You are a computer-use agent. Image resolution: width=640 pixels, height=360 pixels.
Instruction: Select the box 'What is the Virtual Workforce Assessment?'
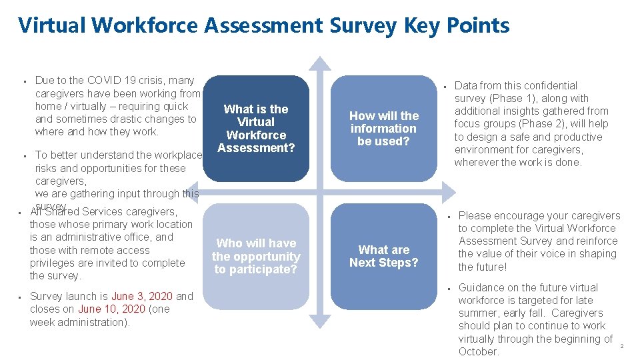coord(256,128)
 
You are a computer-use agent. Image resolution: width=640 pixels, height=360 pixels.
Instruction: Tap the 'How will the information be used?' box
coord(384,128)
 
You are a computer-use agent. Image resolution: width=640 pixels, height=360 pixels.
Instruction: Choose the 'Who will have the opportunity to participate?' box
coord(256,256)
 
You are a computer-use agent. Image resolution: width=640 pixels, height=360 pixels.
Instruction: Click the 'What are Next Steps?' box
coord(384,256)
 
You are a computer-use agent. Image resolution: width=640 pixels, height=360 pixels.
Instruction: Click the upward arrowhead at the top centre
coord(321,64)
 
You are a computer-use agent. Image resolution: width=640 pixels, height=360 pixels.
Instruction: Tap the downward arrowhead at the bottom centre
coord(321,321)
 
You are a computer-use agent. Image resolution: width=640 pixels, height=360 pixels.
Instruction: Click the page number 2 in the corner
coord(621,346)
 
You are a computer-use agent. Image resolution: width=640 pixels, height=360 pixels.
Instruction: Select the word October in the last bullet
coord(479,351)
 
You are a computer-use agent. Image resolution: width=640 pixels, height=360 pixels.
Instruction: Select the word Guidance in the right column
coord(481,287)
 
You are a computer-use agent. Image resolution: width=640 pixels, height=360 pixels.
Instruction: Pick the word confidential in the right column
coord(549,85)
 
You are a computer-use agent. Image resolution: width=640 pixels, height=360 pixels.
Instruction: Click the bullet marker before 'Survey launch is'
coord(21,297)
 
